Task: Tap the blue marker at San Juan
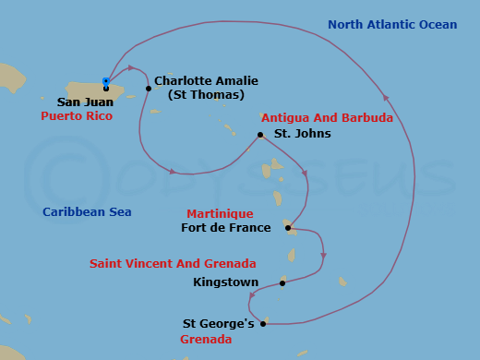pos(106,82)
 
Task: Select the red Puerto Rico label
pos(77,116)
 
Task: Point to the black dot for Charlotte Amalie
pos(149,89)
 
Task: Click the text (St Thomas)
pos(206,94)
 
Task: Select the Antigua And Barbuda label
pos(327,118)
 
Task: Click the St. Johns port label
pos(302,133)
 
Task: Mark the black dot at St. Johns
pos(260,135)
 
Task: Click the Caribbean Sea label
pos(87,212)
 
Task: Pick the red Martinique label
pos(220,213)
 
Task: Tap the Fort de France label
pos(226,227)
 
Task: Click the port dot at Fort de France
pos(288,228)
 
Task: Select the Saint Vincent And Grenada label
pos(173,264)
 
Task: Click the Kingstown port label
pos(220,282)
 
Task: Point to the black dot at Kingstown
pos(282,283)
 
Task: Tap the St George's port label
pos(218,324)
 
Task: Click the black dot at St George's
pos(264,323)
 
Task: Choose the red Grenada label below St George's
pos(206,339)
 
